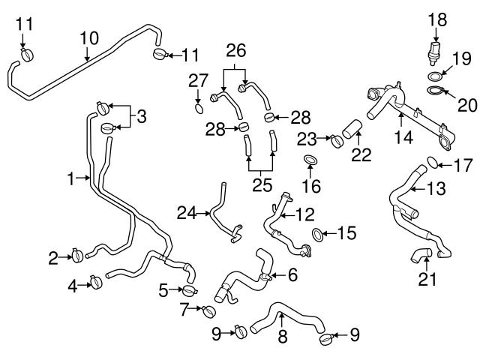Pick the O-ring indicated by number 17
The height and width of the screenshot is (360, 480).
[x=431, y=162]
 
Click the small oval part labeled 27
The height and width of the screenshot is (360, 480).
[x=197, y=109]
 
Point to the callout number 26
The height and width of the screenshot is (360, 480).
[x=236, y=52]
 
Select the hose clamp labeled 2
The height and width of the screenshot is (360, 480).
[x=77, y=256]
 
